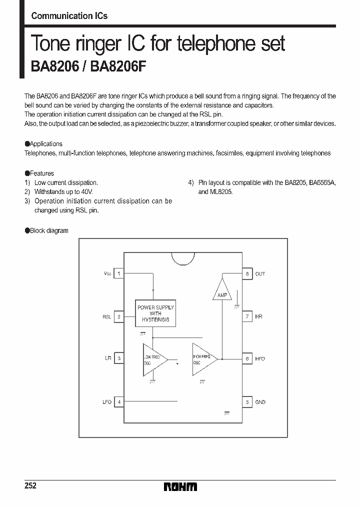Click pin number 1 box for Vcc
coord(118,273)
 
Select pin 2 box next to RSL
coord(118,316)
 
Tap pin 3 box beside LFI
coord(118,358)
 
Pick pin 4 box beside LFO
coord(118,401)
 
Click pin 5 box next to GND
coord(247,401)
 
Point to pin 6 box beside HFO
coord(247,358)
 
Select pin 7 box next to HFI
coord(247,316)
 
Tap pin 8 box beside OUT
coord(247,273)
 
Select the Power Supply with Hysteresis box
coord(155,313)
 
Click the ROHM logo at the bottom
coord(180,486)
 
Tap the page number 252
coord(30,486)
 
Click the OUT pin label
coord(260,274)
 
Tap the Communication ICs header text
coord(69,16)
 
